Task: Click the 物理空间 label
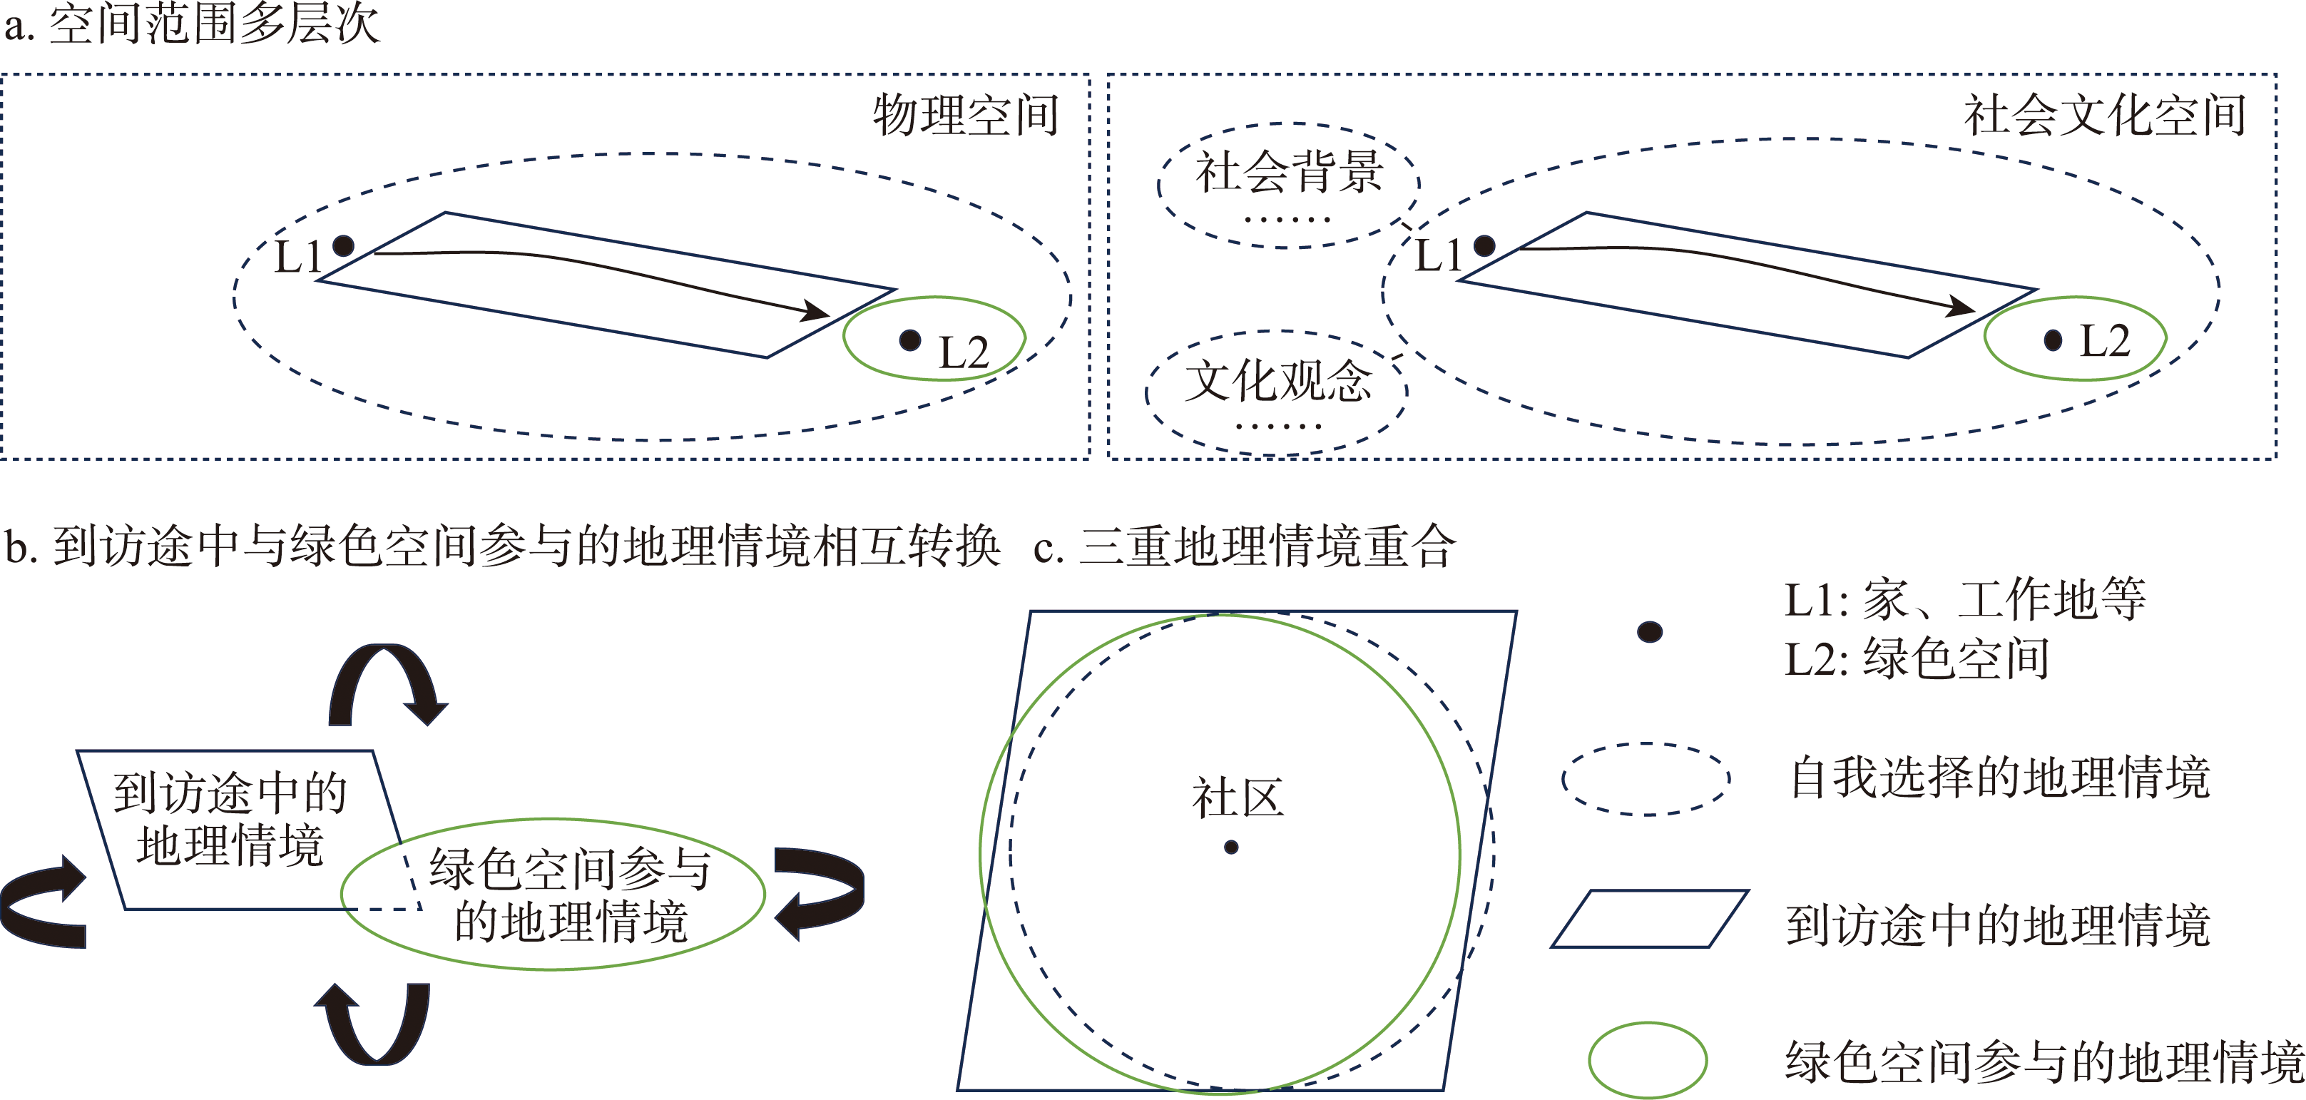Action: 966,116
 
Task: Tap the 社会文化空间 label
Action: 2105,116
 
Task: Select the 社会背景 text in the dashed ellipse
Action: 1289,172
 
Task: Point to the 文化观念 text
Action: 1277,380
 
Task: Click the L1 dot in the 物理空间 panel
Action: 343,245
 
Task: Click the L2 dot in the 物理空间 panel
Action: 909,340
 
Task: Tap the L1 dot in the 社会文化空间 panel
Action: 1484,245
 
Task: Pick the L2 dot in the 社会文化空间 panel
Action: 2053,340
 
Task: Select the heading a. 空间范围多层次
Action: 193,24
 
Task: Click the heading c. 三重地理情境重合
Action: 1245,546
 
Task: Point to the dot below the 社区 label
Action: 1231,847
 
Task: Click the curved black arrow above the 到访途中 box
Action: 387,682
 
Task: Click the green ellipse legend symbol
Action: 1647,1060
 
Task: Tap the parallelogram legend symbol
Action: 1649,918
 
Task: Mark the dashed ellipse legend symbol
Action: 1646,779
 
